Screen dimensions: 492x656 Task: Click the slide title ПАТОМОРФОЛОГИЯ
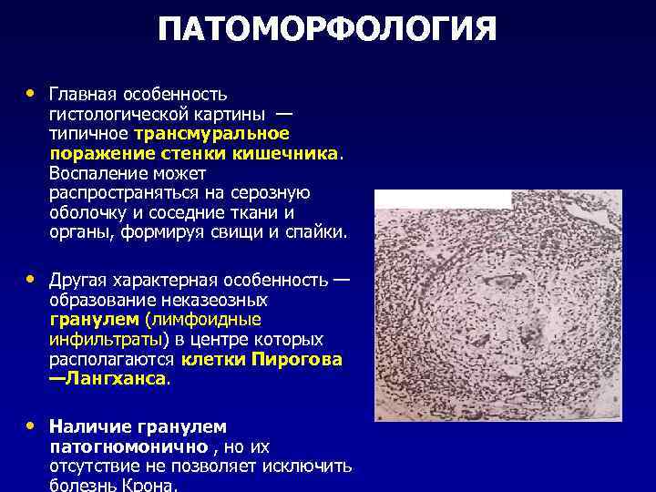pyautogui.click(x=327, y=29)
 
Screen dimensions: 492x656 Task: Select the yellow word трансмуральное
pyautogui.click(x=214, y=133)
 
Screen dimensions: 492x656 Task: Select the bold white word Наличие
pyautogui.click(x=89, y=426)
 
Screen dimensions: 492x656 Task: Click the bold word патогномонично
pyautogui.click(x=128, y=446)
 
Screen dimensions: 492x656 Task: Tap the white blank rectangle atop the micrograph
pyautogui.click(x=443, y=199)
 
